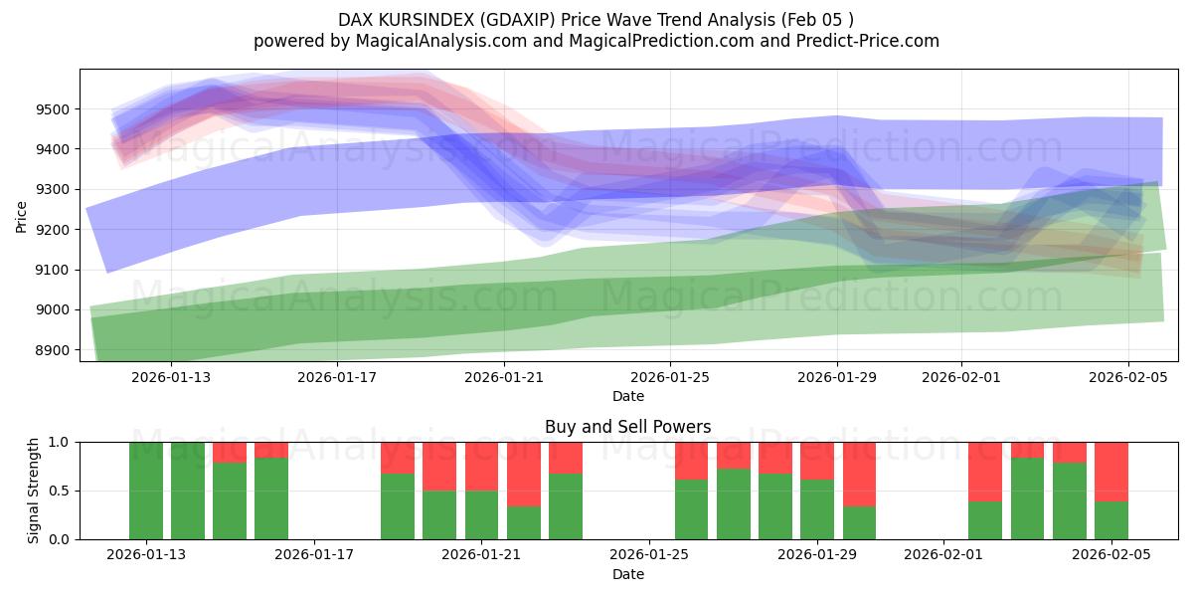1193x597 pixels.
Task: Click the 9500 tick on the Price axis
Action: [57, 109]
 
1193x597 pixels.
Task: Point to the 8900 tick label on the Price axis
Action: [57, 350]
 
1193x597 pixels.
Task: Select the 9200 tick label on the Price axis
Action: [57, 230]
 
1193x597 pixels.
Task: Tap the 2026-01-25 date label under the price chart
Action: [669, 377]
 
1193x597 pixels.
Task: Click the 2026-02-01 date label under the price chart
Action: [961, 377]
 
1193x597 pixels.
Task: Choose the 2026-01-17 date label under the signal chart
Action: [314, 555]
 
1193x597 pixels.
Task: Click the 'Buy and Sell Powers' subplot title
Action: [627, 427]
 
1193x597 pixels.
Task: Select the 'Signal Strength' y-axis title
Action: [34, 491]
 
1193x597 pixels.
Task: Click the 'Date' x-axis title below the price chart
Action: [627, 396]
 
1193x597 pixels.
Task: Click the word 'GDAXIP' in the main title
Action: [510, 20]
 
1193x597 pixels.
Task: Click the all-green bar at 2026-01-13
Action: [146, 491]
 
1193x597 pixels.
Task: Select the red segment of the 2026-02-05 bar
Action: [1110, 471]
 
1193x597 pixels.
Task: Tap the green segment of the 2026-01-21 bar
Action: [482, 514]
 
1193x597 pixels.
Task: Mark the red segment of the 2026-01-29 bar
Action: [817, 461]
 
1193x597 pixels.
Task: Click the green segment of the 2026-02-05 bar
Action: [1110, 520]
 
